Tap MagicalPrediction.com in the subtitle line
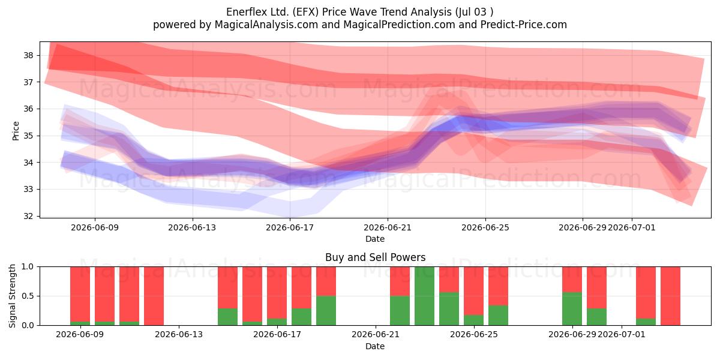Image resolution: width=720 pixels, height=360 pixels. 399,25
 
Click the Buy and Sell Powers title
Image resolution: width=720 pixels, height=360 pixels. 375,257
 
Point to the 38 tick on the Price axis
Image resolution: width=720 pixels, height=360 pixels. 28,55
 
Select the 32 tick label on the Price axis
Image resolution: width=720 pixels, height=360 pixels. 28,215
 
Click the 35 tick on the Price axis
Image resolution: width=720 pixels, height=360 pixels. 28,136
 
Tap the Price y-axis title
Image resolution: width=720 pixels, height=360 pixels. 16,131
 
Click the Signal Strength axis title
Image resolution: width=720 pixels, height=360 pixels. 12,296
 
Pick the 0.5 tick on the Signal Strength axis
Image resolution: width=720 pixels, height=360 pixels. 28,296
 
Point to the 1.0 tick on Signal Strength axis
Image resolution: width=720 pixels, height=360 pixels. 28,266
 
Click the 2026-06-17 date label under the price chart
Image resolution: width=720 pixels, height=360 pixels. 290,227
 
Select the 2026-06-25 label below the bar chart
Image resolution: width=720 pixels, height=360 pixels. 474,334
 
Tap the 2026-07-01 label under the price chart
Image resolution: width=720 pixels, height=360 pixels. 632,227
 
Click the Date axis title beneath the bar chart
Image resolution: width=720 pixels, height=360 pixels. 375,346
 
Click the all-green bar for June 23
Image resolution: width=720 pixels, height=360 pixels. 424,296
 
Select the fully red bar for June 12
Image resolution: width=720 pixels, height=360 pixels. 154,296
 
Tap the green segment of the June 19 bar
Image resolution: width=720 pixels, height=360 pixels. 326,311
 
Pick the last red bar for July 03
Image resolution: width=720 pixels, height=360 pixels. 670,296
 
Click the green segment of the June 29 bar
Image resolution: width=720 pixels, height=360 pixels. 572,308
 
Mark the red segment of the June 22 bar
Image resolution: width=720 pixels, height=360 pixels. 400,281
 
